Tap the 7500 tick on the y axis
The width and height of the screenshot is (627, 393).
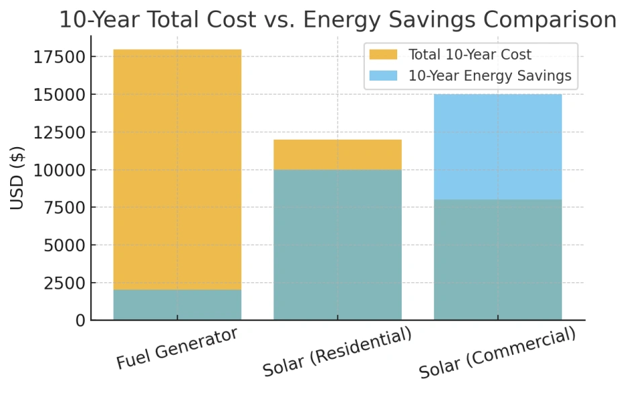pos(65,208)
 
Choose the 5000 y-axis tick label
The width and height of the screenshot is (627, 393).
pos(65,245)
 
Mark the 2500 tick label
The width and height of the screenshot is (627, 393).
pos(65,283)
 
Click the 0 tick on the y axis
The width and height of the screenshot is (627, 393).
pos(79,320)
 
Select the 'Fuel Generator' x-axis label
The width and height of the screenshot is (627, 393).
pos(177,348)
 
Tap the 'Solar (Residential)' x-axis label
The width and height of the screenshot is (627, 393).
pos(337,353)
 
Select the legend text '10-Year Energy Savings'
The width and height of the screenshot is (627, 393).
pos(489,76)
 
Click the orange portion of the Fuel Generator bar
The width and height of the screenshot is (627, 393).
pos(177,168)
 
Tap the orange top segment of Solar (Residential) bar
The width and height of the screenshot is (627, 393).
pos(337,155)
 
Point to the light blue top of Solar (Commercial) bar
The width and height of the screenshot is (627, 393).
pos(497,146)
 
